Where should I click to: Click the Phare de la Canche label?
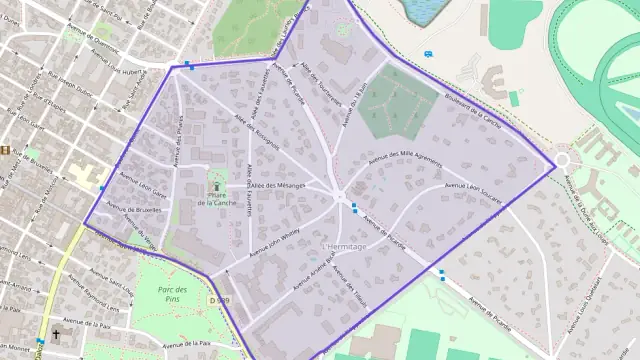coord(217,198)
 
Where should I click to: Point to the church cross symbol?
coord(56,335)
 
